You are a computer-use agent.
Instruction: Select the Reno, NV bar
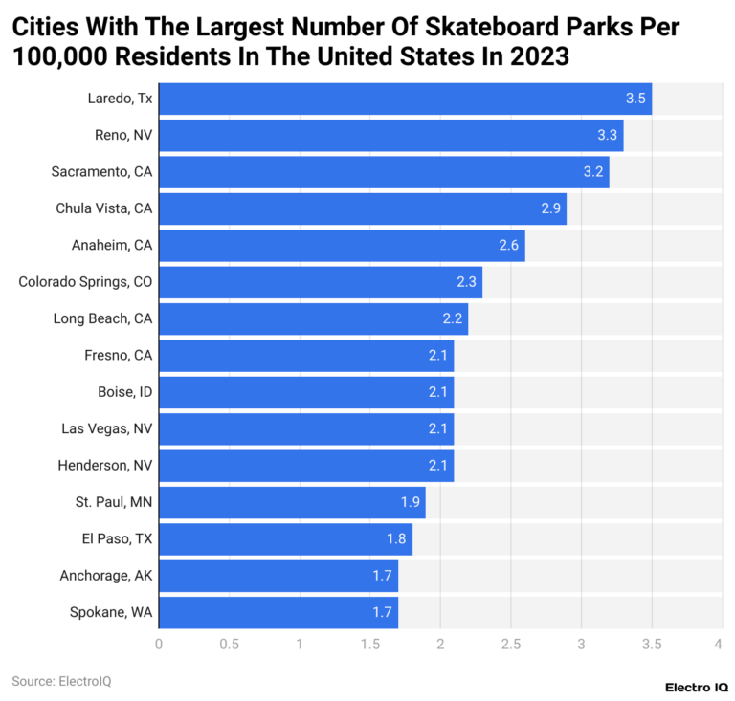[x=390, y=135]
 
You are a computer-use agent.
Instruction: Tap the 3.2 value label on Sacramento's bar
[x=593, y=172]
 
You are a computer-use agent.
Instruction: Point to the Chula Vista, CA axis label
[x=102, y=208]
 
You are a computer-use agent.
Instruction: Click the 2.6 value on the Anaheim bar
[x=509, y=246]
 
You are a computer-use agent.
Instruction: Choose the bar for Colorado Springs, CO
[x=321, y=282]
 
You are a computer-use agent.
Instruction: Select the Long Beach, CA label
[x=102, y=318]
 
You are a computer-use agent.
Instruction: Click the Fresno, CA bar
[x=306, y=356]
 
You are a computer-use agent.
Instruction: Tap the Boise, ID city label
[x=124, y=392]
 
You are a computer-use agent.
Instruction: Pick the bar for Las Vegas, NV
[x=306, y=428]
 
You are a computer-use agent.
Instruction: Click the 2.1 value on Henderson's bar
[x=438, y=466]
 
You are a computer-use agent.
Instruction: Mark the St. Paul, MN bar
[x=292, y=502]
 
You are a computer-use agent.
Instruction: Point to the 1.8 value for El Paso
[x=396, y=539]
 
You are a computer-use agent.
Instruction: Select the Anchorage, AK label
[x=105, y=576]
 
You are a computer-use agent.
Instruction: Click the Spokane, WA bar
[x=278, y=612]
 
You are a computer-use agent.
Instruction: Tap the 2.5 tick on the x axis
[x=510, y=645]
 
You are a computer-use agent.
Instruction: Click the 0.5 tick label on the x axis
[x=229, y=645]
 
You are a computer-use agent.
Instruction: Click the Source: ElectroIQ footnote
[x=55, y=681]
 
